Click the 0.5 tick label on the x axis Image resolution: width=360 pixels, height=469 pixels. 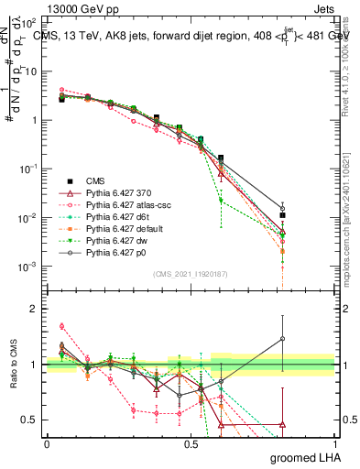191,443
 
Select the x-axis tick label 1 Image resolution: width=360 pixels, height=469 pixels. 335,443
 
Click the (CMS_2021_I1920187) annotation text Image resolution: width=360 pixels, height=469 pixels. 191,273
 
